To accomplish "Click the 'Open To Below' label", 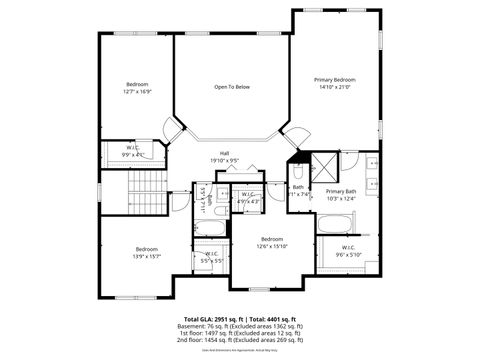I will (231, 87).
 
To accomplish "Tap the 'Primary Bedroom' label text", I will (335, 79).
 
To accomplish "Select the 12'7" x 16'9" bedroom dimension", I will (137, 91).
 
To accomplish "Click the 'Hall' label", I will (225, 153).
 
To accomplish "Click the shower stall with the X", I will (326, 165).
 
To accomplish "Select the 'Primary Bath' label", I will (341, 191).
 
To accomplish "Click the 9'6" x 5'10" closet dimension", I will (348, 254).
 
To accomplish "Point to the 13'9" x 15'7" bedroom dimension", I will (147, 255).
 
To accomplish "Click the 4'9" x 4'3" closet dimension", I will (249, 201).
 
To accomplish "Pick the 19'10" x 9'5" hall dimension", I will (225, 160).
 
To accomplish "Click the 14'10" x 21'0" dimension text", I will (335, 87).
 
